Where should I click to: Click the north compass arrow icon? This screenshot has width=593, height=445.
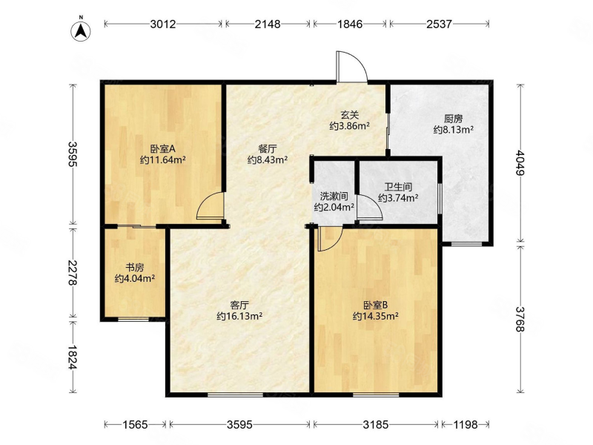(81, 30)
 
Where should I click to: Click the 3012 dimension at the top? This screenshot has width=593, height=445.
(163, 24)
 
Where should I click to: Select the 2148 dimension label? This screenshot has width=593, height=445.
(268, 24)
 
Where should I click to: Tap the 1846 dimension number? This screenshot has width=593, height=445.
(350, 24)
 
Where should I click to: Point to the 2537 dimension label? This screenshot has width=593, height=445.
(439, 24)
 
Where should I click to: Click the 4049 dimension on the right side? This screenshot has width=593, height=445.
(520, 163)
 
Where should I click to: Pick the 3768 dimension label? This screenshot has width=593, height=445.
(520, 320)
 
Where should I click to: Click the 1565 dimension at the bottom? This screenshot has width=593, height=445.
(135, 424)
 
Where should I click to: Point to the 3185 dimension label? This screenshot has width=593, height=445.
(376, 424)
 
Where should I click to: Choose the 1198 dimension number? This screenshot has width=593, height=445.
(466, 424)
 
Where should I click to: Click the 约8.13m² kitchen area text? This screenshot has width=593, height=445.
(454, 130)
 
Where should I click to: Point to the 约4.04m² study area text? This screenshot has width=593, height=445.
(135, 279)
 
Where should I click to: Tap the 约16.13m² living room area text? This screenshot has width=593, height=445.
(239, 316)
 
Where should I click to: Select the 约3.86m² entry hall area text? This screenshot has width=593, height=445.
(349, 126)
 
